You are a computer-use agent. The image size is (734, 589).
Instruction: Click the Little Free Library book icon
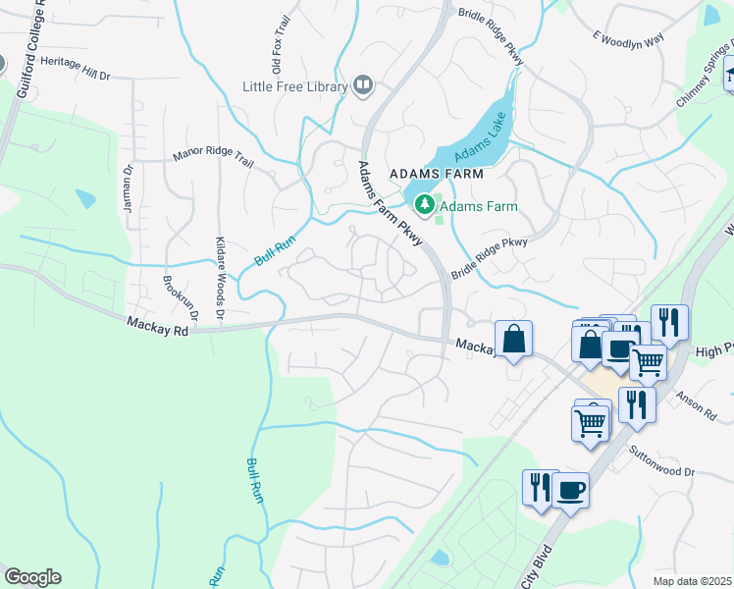click(x=363, y=86)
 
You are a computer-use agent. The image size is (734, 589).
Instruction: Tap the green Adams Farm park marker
click(x=425, y=205)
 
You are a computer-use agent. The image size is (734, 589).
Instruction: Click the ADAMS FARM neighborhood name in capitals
click(x=437, y=173)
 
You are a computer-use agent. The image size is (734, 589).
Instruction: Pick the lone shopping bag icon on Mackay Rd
click(x=513, y=340)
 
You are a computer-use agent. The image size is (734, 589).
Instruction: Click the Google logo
click(x=32, y=577)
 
